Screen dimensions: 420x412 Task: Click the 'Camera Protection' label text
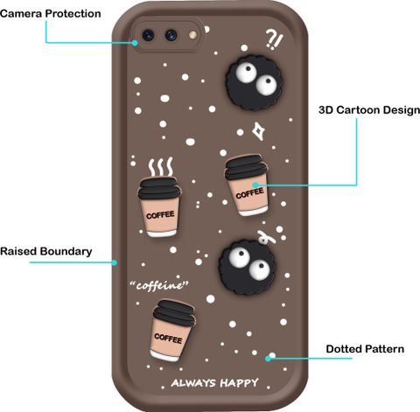coord(51,14)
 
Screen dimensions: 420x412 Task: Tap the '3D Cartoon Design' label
coord(369,110)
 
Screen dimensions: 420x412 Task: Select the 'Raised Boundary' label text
coord(46,251)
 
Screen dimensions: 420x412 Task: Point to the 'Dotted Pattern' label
coord(365,349)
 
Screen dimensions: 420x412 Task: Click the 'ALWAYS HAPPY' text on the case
coord(214,383)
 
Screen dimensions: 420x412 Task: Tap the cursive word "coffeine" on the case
coord(159,285)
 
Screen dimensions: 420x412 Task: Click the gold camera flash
coord(192,35)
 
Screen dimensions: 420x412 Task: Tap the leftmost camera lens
coord(148,35)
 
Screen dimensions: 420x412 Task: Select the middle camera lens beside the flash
coord(171,35)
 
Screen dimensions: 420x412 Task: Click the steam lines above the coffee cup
coord(160,167)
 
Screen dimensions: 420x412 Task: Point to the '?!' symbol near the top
coord(274,40)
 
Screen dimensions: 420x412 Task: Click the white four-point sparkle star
coord(258,131)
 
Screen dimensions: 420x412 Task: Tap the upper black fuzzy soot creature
coord(254,83)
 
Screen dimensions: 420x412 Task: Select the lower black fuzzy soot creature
coord(246,268)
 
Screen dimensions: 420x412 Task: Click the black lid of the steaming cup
coord(159,188)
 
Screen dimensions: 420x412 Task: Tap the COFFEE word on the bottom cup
coord(168,339)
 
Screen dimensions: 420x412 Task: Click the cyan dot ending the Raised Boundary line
coord(115,262)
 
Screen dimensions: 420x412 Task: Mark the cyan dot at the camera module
coord(135,43)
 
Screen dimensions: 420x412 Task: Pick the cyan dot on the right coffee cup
coord(255,185)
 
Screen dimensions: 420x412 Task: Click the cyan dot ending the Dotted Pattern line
coord(268,359)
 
